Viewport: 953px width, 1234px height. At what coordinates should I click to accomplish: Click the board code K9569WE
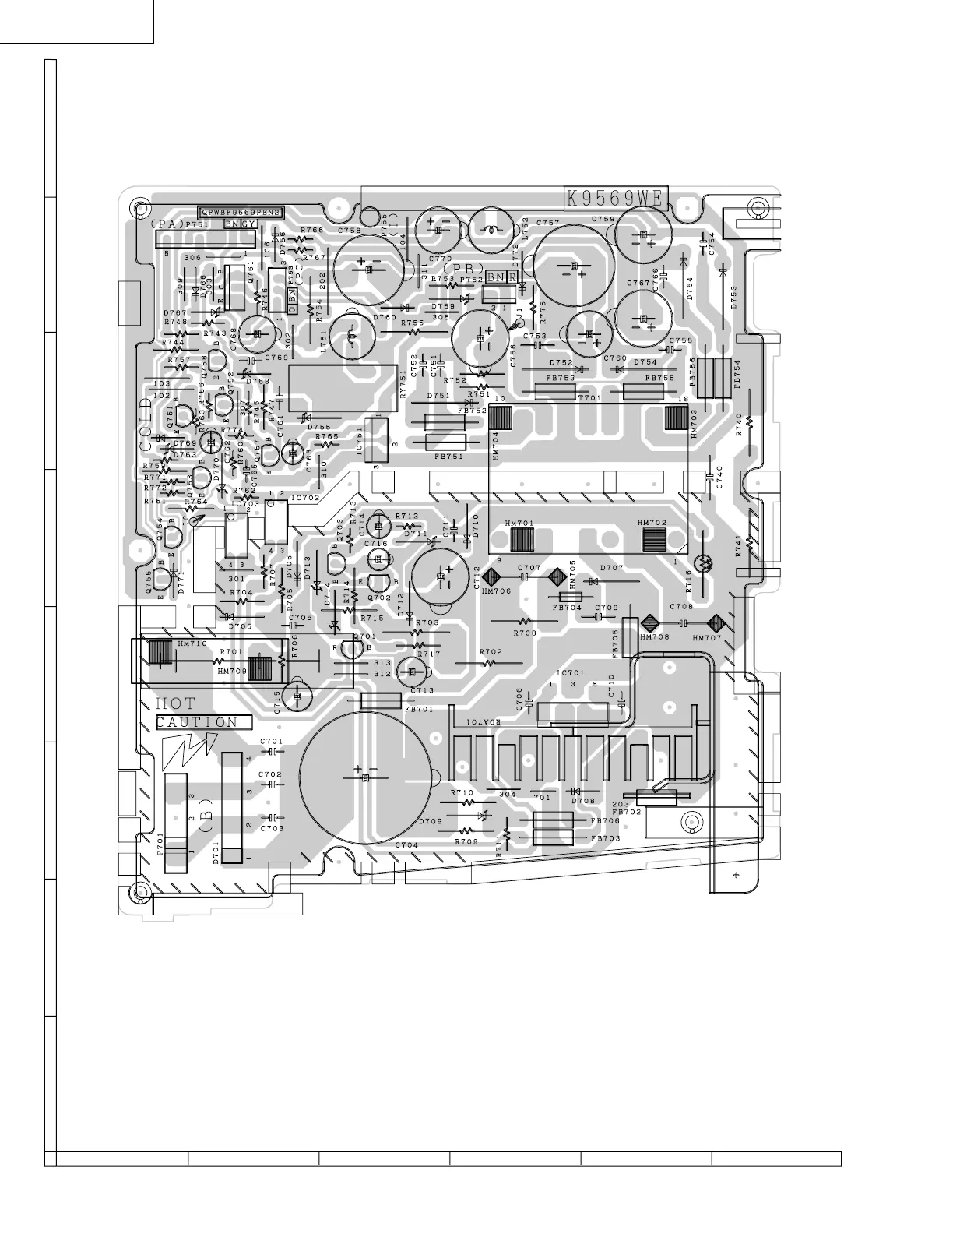click(x=614, y=198)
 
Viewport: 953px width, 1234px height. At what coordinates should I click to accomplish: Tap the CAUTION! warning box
click(x=204, y=722)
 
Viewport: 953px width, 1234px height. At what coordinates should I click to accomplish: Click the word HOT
click(x=176, y=704)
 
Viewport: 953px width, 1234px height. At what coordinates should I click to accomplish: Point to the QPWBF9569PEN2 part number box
click(x=242, y=212)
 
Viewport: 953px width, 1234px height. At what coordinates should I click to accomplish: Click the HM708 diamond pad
click(x=649, y=622)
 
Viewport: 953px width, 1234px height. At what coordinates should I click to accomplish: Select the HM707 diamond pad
click(x=715, y=622)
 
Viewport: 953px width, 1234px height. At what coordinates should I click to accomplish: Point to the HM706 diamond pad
click(x=491, y=577)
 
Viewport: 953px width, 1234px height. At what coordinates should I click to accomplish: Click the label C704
click(x=406, y=844)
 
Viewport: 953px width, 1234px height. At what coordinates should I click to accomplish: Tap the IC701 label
click(x=570, y=672)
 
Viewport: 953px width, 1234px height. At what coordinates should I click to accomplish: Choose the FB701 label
click(x=419, y=709)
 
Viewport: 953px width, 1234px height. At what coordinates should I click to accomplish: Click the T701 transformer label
click(x=589, y=397)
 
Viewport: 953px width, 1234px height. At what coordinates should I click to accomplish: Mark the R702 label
click(x=491, y=651)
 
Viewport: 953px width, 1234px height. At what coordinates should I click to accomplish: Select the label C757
click(x=548, y=223)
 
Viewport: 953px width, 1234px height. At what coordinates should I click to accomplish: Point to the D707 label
click(x=612, y=568)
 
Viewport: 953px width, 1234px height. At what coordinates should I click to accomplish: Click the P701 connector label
click(x=160, y=844)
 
